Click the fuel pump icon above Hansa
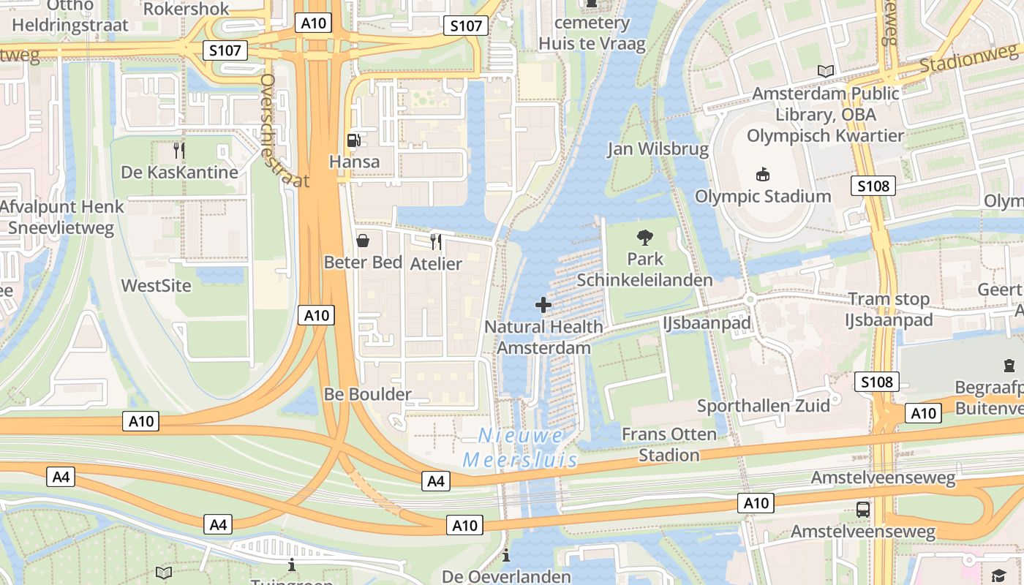354,140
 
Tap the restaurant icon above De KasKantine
179,151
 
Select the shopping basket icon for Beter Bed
362,241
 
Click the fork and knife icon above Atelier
436,242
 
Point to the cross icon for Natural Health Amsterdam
543,305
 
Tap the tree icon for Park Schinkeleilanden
645,237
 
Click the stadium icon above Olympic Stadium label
763,174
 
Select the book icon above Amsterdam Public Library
826,71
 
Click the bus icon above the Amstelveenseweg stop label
863,510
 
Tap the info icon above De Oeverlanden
506,556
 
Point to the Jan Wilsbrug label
658,149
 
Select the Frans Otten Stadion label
669,445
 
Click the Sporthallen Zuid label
763,406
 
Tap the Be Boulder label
368,395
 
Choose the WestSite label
156,286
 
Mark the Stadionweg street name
968,58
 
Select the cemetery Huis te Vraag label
592,33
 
